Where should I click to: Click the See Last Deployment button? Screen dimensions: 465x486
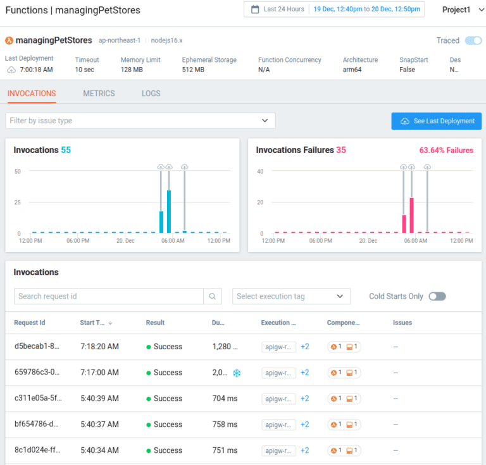point(436,121)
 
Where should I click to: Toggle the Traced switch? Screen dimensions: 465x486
point(473,40)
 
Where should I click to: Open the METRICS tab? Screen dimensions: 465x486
point(99,94)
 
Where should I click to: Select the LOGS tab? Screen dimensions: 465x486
point(151,94)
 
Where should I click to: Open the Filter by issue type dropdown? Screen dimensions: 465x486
point(140,121)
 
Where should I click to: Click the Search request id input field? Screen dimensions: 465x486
point(109,296)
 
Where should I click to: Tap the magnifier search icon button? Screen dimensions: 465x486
point(213,296)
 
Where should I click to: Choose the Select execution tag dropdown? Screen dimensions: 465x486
point(291,296)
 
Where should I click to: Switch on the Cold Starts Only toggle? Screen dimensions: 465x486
point(437,296)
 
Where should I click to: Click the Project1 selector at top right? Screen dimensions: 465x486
point(460,10)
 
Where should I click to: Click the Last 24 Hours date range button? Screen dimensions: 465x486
point(278,9)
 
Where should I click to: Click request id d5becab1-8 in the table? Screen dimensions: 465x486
point(36,347)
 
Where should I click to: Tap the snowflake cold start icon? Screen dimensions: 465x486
point(237,373)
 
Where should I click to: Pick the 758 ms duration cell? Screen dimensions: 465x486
point(225,425)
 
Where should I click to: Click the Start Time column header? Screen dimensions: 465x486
point(92,323)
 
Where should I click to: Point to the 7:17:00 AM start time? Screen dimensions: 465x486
point(99,373)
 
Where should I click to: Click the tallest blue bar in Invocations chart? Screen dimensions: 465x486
point(169,211)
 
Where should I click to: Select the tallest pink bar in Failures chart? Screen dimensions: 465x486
point(411,215)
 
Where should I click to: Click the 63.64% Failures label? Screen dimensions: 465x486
point(445,151)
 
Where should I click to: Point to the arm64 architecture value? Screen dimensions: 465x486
point(353,70)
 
